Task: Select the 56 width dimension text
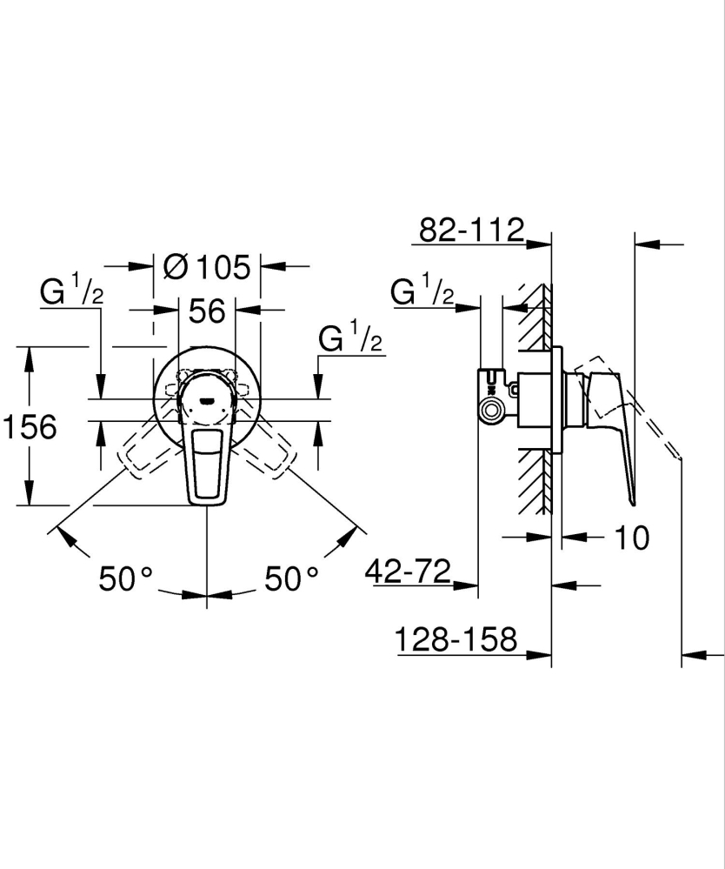(x=207, y=311)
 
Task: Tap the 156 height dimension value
(x=30, y=427)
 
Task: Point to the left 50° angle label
(x=125, y=578)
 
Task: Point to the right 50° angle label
(x=291, y=578)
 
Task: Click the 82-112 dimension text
(x=472, y=231)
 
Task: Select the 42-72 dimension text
(x=408, y=572)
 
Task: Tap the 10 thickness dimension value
(x=632, y=538)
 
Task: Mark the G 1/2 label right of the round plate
(x=350, y=338)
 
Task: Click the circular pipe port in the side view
(x=493, y=411)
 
